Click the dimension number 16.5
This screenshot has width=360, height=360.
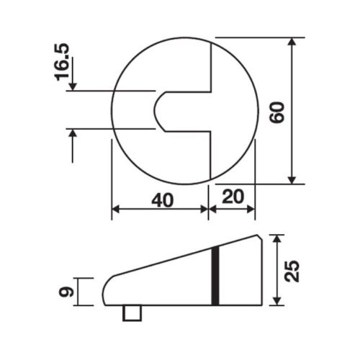coord(63,66)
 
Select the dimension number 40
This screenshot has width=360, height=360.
coord(163,199)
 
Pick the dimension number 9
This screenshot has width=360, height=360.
coord(65,292)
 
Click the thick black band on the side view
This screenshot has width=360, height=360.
coord(215,275)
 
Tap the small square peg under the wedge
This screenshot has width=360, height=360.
coord(132,313)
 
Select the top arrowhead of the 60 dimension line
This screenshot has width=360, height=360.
coord(292,43)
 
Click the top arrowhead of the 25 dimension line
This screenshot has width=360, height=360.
coord(277,239)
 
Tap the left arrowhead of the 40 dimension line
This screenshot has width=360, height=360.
coord(115,210)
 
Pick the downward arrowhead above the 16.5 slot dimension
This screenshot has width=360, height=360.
coord(72,85)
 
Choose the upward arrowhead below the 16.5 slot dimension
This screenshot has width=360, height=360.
coord(72,135)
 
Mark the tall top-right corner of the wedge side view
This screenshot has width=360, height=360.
coord(258,235)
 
